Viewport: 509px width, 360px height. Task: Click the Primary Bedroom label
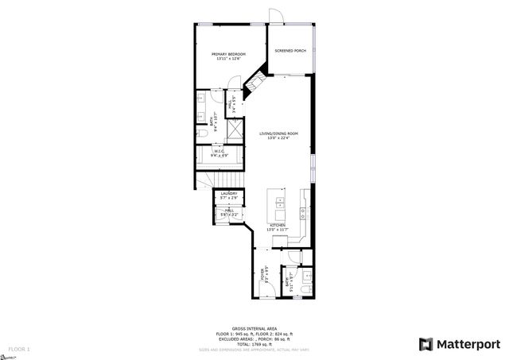pyautogui.click(x=228, y=54)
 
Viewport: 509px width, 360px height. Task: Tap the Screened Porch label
pyautogui.click(x=290, y=51)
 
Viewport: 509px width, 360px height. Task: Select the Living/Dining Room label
pyautogui.click(x=278, y=133)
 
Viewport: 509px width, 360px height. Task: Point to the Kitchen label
pyautogui.click(x=278, y=226)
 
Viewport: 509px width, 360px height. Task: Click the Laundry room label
pyautogui.click(x=229, y=193)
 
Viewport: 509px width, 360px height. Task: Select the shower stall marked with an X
pyautogui.click(x=235, y=130)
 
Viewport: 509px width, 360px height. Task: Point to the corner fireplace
pyautogui.click(x=254, y=80)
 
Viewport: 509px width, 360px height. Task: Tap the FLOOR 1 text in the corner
pyautogui.click(x=19, y=349)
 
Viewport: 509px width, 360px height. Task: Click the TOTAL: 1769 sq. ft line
pyautogui.click(x=254, y=344)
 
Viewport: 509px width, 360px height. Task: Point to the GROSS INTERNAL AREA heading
pyautogui.click(x=254, y=328)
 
